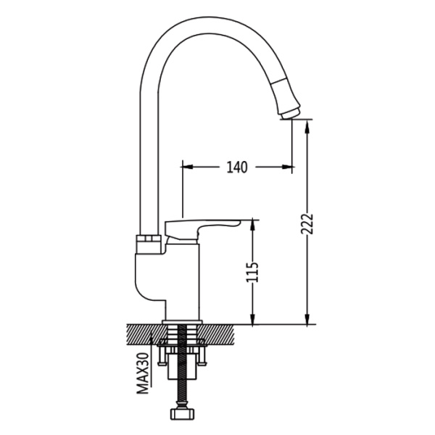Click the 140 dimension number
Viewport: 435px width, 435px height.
click(237, 167)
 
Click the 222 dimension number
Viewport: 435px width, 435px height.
click(307, 224)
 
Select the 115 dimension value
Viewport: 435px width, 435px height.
click(252, 272)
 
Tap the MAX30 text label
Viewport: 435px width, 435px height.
click(143, 373)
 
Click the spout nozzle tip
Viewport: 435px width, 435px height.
click(290, 114)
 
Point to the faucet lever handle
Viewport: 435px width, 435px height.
click(202, 228)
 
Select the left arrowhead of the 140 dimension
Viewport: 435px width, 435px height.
click(187, 167)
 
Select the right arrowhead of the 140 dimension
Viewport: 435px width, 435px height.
click(287, 167)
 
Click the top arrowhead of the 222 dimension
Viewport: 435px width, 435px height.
click(307, 126)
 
